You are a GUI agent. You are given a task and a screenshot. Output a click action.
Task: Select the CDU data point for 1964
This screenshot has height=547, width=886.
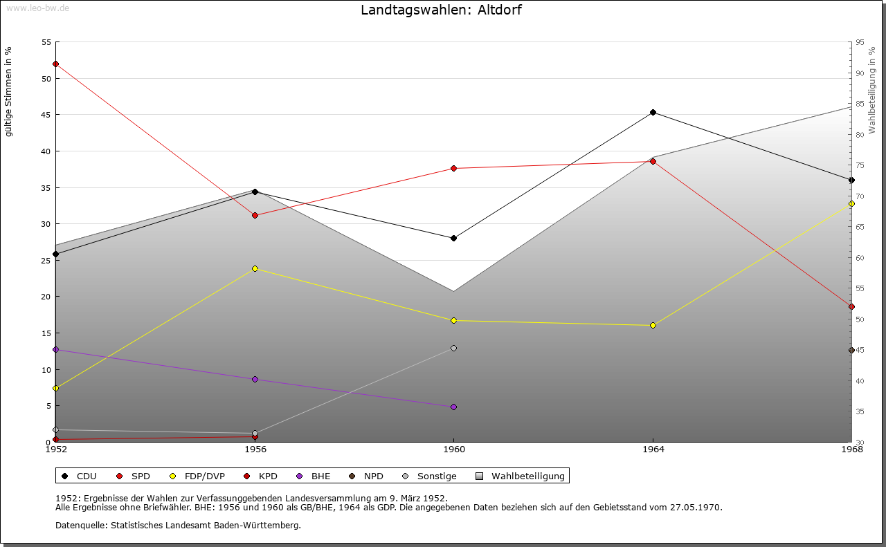(x=653, y=112)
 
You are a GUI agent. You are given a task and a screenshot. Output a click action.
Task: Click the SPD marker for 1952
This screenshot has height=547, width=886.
(x=55, y=64)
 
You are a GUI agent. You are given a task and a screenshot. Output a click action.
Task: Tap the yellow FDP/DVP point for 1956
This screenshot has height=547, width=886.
(x=255, y=268)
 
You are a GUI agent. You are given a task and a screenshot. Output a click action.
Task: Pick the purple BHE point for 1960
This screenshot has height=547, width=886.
(x=453, y=407)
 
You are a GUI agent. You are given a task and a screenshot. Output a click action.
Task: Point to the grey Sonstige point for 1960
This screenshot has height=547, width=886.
(x=453, y=348)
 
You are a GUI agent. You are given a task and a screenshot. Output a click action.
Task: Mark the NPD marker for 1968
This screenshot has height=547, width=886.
(x=851, y=350)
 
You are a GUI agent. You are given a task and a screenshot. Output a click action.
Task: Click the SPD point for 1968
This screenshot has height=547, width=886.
(x=851, y=306)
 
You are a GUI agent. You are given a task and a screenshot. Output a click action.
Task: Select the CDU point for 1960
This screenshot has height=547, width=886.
(x=453, y=238)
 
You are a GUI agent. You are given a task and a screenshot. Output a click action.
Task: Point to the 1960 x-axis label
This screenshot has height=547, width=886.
(x=453, y=449)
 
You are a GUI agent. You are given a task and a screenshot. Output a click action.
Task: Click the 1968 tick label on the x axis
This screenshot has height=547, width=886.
(x=851, y=449)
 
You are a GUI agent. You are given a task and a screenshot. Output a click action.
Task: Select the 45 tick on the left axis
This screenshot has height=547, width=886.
(x=46, y=115)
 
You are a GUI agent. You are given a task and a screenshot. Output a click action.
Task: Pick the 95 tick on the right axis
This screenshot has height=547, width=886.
(x=860, y=42)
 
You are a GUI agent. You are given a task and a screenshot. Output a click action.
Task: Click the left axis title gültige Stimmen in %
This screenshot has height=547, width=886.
(x=9, y=91)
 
